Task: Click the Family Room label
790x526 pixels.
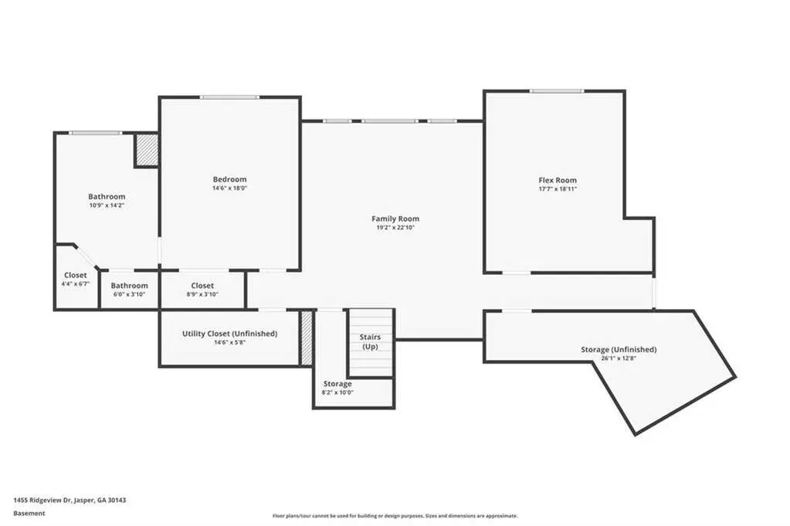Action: click(395, 219)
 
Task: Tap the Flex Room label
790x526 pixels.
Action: click(558, 180)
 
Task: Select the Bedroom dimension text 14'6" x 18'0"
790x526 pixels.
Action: click(230, 188)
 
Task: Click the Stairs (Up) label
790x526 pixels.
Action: click(371, 341)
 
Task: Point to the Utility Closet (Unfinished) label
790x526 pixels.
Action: click(230, 334)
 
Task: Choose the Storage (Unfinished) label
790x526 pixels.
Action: click(619, 349)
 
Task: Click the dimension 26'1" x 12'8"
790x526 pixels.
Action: click(619, 358)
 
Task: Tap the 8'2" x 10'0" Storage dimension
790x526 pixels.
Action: click(337, 392)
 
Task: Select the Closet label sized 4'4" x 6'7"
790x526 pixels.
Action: click(76, 275)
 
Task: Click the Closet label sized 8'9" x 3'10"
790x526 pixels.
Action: click(202, 286)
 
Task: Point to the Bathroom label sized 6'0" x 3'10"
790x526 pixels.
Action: click(130, 286)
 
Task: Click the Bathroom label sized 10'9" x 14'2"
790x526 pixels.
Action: click(107, 196)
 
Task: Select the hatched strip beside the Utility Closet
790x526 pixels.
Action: click(307, 338)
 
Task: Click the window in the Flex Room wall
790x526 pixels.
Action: click(556, 91)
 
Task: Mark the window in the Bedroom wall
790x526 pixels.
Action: click(229, 97)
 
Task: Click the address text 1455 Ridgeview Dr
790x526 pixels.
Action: click(42, 501)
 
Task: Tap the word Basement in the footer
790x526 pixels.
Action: click(29, 514)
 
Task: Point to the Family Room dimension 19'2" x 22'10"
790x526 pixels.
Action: click(395, 228)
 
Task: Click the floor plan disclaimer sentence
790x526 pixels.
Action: click(395, 516)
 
